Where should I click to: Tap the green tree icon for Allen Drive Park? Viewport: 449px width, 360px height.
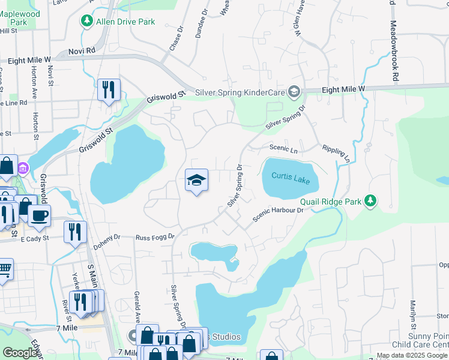pos(87,22)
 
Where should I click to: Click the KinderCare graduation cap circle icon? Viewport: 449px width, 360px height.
pos(294,92)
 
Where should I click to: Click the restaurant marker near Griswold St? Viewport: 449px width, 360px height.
pos(109,90)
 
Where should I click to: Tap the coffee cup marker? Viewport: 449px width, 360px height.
pos(40,216)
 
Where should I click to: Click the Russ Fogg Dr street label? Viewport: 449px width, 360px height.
pos(154,237)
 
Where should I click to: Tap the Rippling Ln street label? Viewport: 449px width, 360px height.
pos(336,153)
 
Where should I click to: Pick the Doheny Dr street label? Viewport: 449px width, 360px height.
pos(106,242)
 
